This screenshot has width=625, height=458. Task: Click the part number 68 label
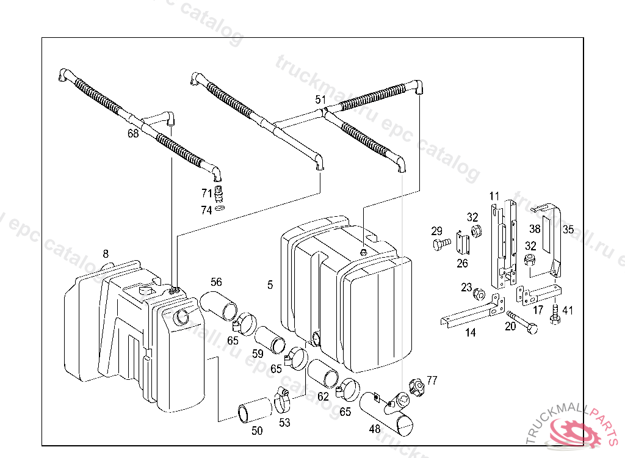pyautogui.click(x=133, y=134)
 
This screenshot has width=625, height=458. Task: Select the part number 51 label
pyautogui.click(x=320, y=100)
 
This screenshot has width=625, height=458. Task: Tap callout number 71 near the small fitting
pyautogui.click(x=208, y=194)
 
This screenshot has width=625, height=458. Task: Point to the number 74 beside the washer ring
pyautogui.click(x=208, y=210)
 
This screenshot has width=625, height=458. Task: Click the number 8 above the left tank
pyautogui.click(x=106, y=253)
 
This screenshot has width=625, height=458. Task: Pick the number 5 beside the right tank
pyautogui.click(x=270, y=285)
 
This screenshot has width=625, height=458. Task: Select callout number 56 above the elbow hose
pyautogui.click(x=217, y=282)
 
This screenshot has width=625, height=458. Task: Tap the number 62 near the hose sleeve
pyautogui.click(x=323, y=396)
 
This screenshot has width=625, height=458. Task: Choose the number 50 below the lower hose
pyautogui.click(x=257, y=431)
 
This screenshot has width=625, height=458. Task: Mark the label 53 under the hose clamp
pyautogui.click(x=285, y=422)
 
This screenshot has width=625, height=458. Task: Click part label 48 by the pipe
pyautogui.click(x=375, y=429)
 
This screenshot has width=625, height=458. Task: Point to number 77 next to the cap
pyautogui.click(x=432, y=380)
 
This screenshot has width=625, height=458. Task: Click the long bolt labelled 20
pyautogui.click(x=522, y=322)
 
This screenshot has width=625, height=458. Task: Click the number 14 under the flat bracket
pyautogui.click(x=471, y=333)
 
